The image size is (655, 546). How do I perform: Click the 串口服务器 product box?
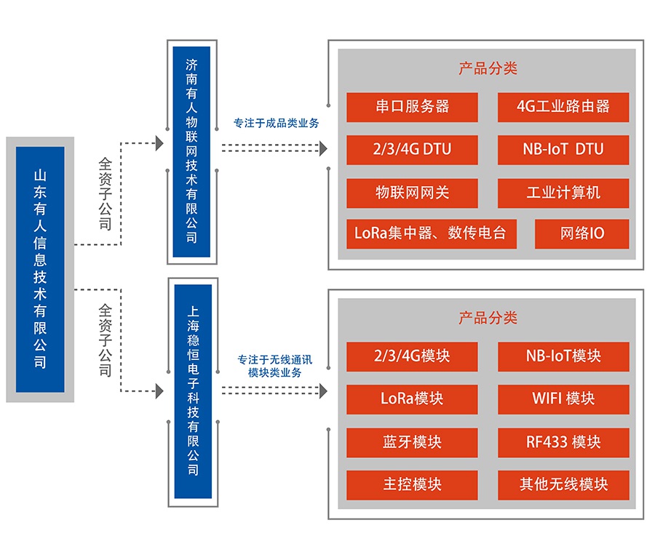pos(412,107)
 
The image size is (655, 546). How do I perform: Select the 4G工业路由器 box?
pos(563,107)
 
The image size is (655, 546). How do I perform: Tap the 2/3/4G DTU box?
pos(412,150)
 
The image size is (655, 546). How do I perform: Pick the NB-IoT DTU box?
pos(563,150)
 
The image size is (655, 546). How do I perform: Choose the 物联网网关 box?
pos(412,193)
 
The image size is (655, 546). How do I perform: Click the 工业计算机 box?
pos(563,193)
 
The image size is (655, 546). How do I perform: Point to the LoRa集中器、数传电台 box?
pos(431,234)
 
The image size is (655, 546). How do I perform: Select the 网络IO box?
pos(581,234)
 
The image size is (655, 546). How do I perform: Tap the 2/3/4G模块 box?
pos(412,356)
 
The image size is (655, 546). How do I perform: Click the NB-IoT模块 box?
pos(563,356)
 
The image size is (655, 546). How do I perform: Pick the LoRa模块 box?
pos(412,399)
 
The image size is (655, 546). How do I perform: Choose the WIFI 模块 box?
pos(563,399)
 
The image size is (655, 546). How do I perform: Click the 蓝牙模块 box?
pos(412,442)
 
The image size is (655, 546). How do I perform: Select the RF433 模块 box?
pos(563,442)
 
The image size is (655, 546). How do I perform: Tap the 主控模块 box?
pos(412,485)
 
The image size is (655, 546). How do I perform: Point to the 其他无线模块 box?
pos(563,485)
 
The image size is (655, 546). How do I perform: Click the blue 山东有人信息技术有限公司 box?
pos(40,269)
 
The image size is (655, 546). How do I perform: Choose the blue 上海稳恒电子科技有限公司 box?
pos(193,391)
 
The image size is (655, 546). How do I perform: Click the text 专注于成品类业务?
pos(276,124)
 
